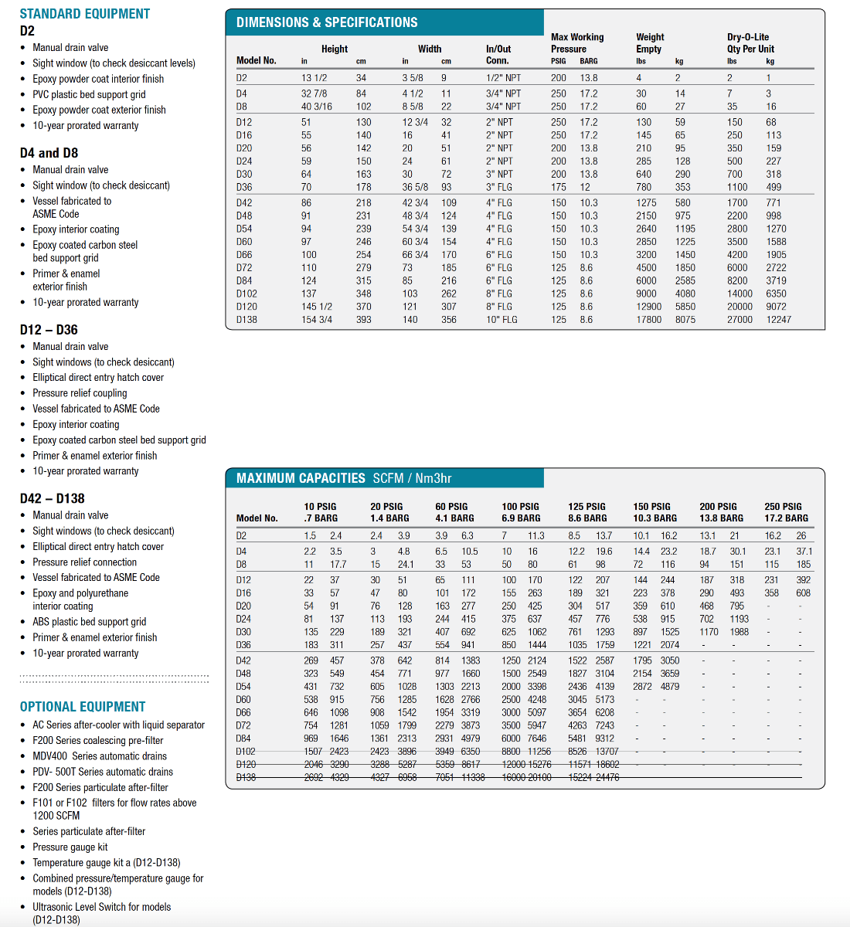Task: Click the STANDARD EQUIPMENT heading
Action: click(85, 14)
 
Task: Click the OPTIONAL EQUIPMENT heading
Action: click(83, 707)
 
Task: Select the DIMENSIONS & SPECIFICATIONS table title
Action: click(327, 22)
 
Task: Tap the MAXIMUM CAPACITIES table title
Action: click(301, 478)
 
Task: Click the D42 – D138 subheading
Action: click(53, 499)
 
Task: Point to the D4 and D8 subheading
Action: click(49, 153)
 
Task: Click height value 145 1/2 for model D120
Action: click(318, 307)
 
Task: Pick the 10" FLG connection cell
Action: click(501, 320)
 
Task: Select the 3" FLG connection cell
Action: click(499, 187)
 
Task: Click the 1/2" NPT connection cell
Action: click(504, 78)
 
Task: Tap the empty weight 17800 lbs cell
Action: click(648, 320)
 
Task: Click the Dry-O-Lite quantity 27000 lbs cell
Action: click(739, 320)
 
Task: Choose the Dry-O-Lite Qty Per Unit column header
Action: click(750, 43)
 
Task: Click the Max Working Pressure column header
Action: click(577, 43)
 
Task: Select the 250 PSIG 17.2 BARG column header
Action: click(786, 512)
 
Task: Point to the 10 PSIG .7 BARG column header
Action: click(321, 512)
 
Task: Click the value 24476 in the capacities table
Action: click(607, 778)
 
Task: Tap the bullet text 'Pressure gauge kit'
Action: click(70, 847)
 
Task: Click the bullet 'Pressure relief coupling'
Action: click(80, 393)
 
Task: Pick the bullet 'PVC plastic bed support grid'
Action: click(89, 94)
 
